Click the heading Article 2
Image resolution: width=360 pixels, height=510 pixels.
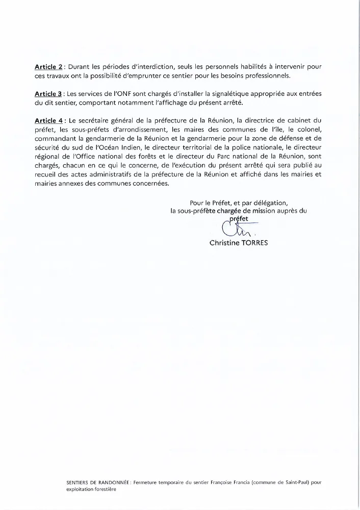click(x=48, y=67)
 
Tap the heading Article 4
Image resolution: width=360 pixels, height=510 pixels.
click(x=48, y=120)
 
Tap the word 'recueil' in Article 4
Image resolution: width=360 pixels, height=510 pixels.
click(x=46, y=174)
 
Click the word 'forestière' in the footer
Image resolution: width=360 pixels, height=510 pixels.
click(x=105, y=488)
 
